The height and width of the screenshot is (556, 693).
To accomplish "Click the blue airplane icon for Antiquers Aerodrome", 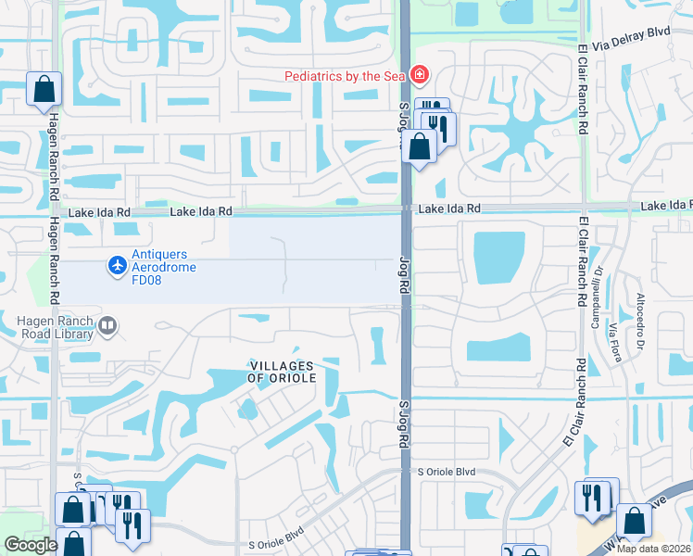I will pos(117,266).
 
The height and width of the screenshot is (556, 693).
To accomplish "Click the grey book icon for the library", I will pos(107,325).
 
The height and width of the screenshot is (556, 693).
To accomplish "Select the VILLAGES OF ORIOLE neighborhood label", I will pos(283,373).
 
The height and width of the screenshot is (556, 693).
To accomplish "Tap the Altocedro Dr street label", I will pos(639,321).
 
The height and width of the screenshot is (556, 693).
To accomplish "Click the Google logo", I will pos(31,545).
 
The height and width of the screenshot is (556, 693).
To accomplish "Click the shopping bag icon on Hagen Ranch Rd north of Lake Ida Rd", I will pos(44,90).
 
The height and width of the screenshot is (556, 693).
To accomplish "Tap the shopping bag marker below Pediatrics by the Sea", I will pos(420,146).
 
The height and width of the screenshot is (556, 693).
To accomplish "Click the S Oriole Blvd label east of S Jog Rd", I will pos(447,472).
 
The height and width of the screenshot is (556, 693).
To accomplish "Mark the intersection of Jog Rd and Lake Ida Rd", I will pos(405,209).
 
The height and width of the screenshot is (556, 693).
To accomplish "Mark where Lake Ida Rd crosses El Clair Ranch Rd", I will pos(583,207).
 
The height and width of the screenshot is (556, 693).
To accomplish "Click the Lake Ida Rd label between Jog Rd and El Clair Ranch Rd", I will pos(449,209).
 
